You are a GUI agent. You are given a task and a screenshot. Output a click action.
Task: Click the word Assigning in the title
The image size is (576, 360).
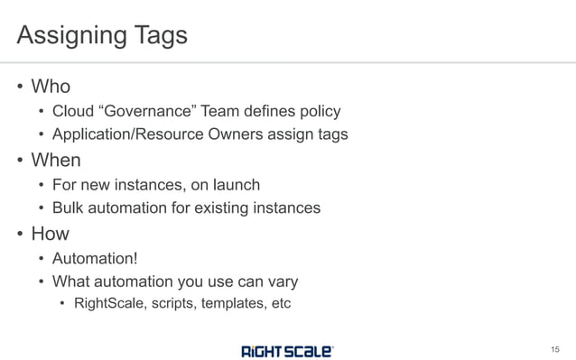point(71,35)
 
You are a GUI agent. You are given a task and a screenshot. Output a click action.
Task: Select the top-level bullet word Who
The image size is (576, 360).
point(51,87)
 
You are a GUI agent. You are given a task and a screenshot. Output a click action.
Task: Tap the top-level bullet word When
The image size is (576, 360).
point(56,160)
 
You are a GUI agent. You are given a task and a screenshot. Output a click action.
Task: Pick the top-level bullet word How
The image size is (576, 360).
point(51,234)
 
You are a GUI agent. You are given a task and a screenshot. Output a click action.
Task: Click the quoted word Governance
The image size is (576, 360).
point(152,112)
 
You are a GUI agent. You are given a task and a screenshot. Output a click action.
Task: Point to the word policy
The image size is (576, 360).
point(316,112)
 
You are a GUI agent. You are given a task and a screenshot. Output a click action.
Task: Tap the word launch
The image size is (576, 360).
point(236,185)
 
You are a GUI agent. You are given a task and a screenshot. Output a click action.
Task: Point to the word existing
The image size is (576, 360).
point(222,208)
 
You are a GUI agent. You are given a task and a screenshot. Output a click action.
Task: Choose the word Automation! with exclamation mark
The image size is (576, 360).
point(95,259)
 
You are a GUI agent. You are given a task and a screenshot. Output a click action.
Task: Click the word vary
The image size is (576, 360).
point(281,281)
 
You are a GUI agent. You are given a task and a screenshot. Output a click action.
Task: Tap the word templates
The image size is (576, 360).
point(230,302)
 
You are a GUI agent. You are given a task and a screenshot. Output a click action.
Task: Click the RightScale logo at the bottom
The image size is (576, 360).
point(287,349)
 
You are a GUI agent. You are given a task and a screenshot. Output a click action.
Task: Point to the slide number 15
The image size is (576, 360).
point(554,349)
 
